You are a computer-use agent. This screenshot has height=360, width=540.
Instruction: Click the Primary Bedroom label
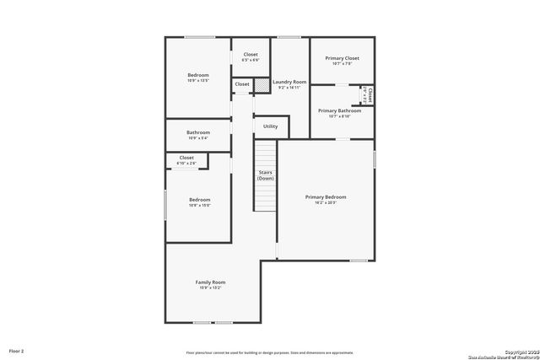[x=326, y=196]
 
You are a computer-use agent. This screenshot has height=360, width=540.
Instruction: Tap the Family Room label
[x=211, y=282]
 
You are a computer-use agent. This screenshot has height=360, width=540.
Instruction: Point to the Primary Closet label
[x=342, y=58]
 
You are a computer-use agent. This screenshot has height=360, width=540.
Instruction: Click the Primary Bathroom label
[x=339, y=110]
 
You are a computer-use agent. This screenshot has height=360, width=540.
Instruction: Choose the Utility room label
[x=270, y=126]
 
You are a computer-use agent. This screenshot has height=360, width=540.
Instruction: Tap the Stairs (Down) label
[x=266, y=175]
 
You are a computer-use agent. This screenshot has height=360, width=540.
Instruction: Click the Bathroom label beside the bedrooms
[x=198, y=132]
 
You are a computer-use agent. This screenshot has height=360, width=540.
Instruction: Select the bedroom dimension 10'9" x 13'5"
[x=198, y=81]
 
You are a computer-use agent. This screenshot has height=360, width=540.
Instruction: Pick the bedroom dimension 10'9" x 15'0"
[x=199, y=205]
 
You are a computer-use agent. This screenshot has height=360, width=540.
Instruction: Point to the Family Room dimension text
[x=211, y=287]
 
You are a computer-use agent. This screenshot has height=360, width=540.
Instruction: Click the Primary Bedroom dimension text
[x=326, y=202]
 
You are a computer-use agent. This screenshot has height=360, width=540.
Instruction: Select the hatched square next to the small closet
[x=262, y=84]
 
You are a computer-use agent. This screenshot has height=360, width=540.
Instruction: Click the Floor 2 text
[x=17, y=350]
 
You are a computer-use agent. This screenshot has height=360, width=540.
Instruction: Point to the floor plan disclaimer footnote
[x=270, y=352]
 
